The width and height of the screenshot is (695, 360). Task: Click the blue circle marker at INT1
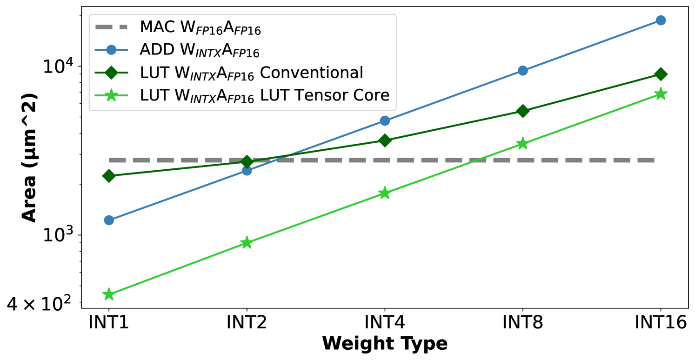pos(109,220)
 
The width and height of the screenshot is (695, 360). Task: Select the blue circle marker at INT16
pos(661,20)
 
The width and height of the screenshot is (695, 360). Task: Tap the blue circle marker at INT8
pos(523,70)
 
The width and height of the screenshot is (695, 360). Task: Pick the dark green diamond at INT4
pos(385,140)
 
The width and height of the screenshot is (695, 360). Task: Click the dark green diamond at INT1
pos(109,176)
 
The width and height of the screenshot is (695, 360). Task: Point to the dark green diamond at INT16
pos(661,74)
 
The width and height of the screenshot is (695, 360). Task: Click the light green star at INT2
pos(247,242)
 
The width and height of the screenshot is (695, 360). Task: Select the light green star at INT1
pos(109,294)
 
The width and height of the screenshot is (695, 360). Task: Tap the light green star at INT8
pos(523,143)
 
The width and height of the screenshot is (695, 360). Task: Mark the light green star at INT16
pos(661,94)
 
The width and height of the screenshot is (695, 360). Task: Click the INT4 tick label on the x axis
pos(385,322)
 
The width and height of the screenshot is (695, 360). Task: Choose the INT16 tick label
pos(661,322)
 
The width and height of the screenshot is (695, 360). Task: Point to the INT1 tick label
pos(109,322)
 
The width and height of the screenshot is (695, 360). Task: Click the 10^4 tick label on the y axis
pos(58,66)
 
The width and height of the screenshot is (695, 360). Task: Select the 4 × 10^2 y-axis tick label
pos(39,303)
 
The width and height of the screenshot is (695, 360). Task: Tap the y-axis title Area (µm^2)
pos(29,158)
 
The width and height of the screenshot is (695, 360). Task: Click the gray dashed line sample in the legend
pos(111,27)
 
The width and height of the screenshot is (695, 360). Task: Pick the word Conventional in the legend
pos(312,73)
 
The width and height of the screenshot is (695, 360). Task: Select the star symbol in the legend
pos(111,95)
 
